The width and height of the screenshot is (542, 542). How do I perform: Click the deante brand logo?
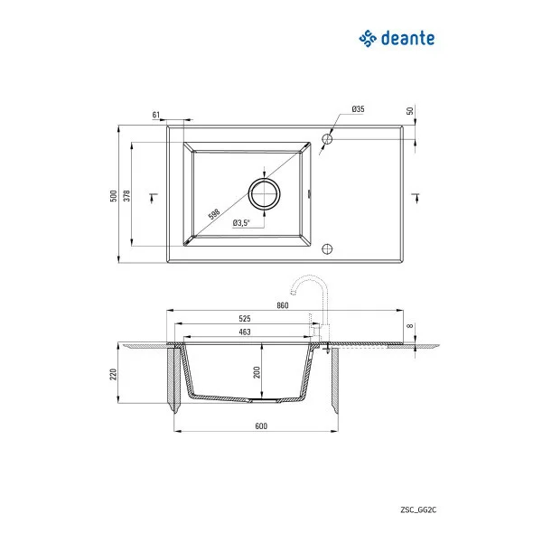[x=397, y=38]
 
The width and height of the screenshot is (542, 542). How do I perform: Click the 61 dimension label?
[x=155, y=114]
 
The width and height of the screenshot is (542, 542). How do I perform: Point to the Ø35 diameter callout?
[x=358, y=109]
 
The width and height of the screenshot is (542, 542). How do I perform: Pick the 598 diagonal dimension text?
[x=214, y=214]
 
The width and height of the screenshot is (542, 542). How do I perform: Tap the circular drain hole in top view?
[x=263, y=194]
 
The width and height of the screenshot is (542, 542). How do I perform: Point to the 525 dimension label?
[x=245, y=319]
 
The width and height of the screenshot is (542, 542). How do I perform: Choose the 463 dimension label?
[x=245, y=332]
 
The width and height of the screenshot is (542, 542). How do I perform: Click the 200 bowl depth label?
[x=257, y=371]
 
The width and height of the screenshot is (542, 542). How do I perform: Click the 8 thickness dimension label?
[x=409, y=327]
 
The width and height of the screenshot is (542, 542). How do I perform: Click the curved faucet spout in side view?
[x=307, y=282]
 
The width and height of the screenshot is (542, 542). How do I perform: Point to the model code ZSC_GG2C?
[x=418, y=510]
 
